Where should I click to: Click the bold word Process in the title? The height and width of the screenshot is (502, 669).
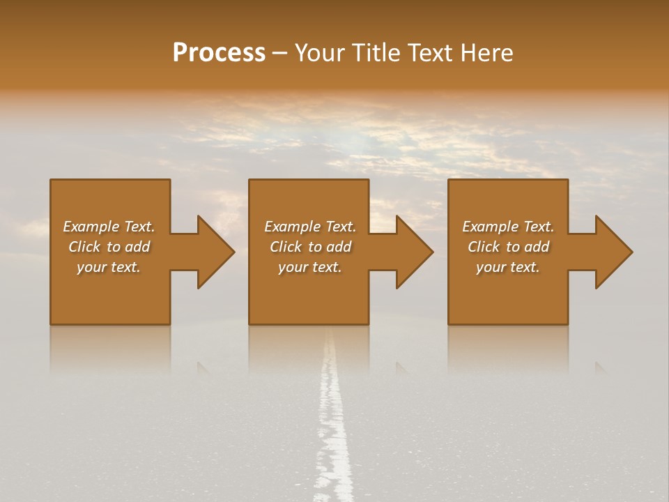click(219, 53)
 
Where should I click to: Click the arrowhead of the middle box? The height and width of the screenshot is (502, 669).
click(414, 252)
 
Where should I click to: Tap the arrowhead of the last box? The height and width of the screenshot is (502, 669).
click(613, 252)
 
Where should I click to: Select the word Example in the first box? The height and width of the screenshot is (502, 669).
click(91, 227)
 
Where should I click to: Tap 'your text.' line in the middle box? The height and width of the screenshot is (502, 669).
click(309, 267)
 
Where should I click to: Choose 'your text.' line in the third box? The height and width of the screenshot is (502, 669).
click(507, 267)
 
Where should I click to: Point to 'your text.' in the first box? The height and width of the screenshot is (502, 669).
click(109, 267)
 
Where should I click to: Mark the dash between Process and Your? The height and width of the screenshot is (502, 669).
click(280, 54)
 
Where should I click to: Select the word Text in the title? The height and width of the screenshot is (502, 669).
click(428, 53)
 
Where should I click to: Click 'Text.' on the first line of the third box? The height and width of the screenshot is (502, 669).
click(538, 227)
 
